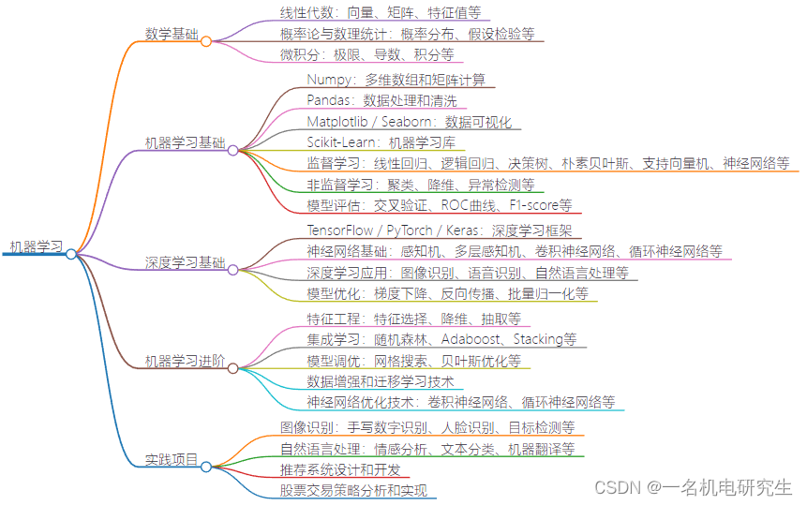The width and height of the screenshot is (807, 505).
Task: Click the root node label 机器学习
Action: (x=36, y=247)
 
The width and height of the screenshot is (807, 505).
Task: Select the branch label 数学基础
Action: (x=172, y=35)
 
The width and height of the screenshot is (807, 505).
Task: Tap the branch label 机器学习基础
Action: (x=185, y=143)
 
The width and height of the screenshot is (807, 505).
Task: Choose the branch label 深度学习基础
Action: (x=185, y=262)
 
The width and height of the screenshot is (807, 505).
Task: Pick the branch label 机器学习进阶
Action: (x=185, y=361)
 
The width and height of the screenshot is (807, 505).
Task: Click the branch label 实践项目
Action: (x=172, y=460)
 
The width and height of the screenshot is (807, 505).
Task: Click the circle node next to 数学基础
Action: (x=206, y=41)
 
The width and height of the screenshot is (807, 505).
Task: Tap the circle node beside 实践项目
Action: (x=206, y=467)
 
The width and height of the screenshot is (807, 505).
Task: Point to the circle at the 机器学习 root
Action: (x=71, y=254)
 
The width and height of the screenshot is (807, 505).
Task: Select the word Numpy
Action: (x=329, y=80)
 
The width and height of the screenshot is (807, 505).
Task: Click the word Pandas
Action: (x=330, y=100)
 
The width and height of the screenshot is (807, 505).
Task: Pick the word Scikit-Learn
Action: (x=341, y=142)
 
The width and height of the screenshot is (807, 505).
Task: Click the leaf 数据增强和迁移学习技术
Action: (x=381, y=381)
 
